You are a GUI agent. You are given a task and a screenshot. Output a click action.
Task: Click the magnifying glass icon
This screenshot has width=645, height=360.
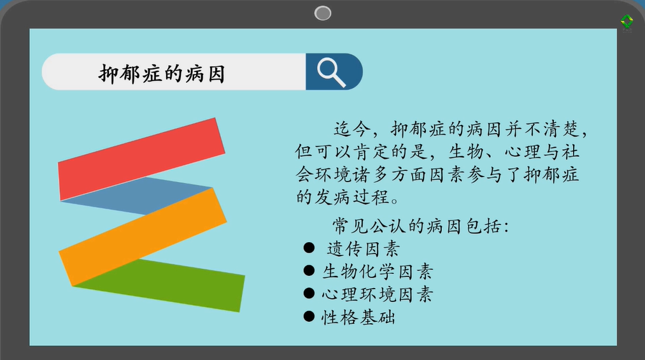pos(331,73)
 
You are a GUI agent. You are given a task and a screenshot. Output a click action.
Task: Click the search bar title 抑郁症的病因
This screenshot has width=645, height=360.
pos(162,74)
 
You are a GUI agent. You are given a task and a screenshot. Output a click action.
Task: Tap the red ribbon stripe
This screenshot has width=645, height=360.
pos(141,159)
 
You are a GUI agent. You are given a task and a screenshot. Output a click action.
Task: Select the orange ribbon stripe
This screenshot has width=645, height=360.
pos(143,237)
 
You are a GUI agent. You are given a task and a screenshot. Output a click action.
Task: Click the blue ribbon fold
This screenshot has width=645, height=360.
pos(140,196)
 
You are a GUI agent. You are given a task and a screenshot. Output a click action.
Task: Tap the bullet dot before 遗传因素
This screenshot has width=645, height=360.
pos(309,248)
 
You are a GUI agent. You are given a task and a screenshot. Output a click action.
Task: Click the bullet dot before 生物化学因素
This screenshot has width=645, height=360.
pos(309,270)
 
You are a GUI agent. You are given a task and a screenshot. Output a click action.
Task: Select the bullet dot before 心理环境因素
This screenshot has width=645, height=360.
pos(309,293)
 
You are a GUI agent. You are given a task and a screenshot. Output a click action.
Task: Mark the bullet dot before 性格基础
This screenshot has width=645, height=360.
pos(309,316)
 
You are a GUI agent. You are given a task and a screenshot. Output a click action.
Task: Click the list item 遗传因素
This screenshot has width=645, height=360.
pos(363,249)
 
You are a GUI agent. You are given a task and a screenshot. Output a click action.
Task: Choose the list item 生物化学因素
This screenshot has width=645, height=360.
pos(378,271)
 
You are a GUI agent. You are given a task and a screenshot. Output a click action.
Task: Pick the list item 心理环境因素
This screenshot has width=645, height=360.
pos(378,294)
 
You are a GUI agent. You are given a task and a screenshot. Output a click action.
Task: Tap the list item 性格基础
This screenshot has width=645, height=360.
pos(358,317)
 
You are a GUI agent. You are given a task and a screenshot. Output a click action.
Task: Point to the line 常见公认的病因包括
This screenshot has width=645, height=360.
pos(420,226)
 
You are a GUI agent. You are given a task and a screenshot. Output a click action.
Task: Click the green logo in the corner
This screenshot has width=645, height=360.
pos(627,22)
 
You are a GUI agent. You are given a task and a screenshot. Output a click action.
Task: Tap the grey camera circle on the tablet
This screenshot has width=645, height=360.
pos(323,13)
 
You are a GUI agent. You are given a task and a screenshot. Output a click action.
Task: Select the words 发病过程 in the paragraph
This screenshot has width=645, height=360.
pos(352,197)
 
